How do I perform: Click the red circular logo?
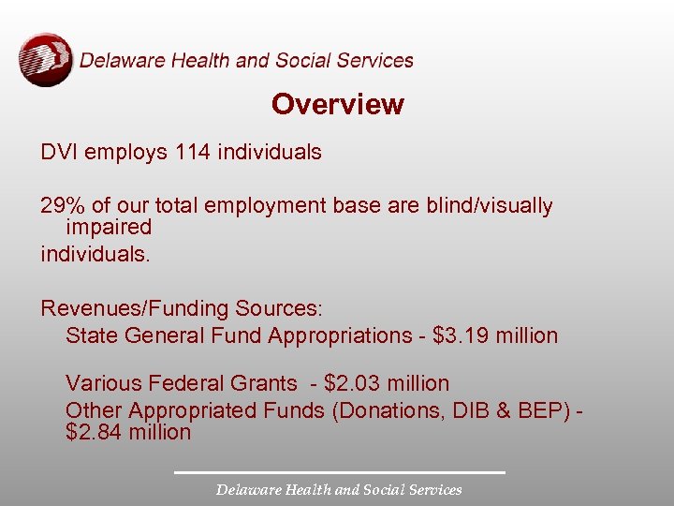coord(45,59)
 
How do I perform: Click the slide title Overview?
coord(337,104)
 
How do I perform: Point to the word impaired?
coord(109,227)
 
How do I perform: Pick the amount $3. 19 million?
coord(496,335)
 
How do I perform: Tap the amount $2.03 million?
coord(387,383)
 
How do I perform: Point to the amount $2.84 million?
coord(128,432)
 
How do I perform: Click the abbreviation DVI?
coord(59,152)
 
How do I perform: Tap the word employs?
coord(126,152)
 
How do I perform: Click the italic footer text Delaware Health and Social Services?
coord(339,489)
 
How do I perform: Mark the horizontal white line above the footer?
coord(339,471)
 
